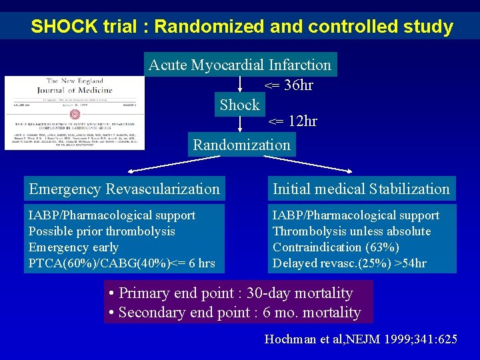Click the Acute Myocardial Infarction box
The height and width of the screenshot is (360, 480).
[240, 65]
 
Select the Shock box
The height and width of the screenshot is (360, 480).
[240, 105]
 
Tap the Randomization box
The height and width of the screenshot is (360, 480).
[241, 145]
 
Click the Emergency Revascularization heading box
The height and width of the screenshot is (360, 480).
[124, 189]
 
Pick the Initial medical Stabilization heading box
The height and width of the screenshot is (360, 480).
[361, 189]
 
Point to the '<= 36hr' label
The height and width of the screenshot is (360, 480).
[289, 85]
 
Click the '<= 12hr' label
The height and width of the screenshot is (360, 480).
[292, 121]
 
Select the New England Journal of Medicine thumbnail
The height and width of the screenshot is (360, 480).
[74, 112]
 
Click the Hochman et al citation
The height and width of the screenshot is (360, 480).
[361, 339]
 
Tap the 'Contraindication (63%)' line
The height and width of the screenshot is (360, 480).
[336, 247]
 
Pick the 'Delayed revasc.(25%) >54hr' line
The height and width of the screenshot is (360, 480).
[349, 263]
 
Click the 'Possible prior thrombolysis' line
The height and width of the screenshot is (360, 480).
[102, 231]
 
